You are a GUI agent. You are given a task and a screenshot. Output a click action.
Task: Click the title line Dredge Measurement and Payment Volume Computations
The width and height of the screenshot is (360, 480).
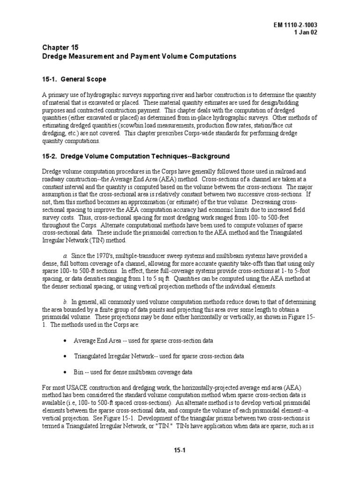click(136, 56)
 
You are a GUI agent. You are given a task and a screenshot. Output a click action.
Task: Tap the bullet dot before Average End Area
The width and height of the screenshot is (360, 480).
click(64, 340)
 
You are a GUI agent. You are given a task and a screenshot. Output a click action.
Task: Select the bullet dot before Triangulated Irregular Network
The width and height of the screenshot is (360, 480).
click(64, 356)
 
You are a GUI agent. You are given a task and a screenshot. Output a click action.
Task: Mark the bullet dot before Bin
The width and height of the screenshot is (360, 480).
click(64, 372)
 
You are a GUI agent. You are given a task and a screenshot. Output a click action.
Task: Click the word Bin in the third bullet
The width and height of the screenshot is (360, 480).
click(78, 372)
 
